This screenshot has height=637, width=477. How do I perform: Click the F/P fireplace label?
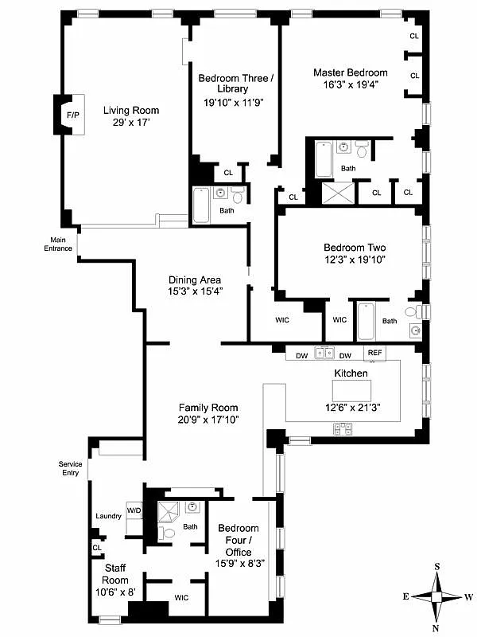[x=73, y=116]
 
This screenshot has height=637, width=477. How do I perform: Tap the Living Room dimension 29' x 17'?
[x=131, y=123]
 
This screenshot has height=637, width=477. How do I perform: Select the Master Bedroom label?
[x=350, y=72]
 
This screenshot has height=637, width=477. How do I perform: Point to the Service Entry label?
[x=71, y=468]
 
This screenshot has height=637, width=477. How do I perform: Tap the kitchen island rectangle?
[x=351, y=389]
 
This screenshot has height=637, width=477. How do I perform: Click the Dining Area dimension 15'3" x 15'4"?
[x=195, y=291]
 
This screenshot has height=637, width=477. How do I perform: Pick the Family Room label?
[x=207, y=407]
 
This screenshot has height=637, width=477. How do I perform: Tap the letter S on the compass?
[x=436, y=567]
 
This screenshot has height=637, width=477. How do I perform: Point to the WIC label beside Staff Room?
[x=182, y=596]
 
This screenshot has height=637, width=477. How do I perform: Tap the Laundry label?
[x=107, y=516]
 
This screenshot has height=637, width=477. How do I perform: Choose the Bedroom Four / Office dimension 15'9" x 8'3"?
[x=238, y=564]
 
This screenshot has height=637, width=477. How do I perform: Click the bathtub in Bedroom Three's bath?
[x=201, y=205]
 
